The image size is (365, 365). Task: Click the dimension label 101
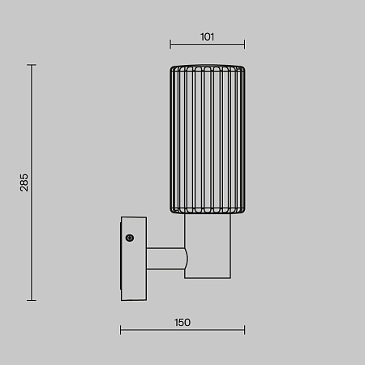(207, 36)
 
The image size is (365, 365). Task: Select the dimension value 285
(24, 182)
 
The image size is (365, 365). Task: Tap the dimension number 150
(182, 322)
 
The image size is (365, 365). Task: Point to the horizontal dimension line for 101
(207, 45)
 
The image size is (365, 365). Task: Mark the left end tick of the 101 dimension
(170, 45)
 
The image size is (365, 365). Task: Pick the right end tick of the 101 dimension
(244, 45)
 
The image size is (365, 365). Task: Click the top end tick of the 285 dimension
(32, 65)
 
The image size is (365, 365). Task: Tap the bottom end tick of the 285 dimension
(32, 300)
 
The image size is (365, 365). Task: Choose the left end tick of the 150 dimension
(121, 330)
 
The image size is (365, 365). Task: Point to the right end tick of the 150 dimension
(244, 330)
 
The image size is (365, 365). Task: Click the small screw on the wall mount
(129, 238)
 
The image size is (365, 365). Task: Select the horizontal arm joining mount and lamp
(165, 259)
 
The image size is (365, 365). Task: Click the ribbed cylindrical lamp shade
(207, 138)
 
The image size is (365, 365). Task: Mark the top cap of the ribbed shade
(207, 65)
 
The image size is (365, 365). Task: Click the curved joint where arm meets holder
(186, 259)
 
